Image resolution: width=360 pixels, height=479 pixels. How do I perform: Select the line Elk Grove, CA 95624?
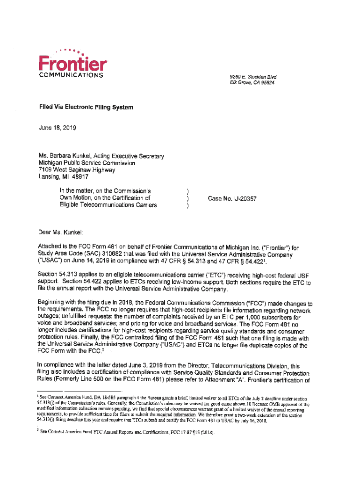[252, 82]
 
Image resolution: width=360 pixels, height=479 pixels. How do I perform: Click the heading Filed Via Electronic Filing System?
[86, 108]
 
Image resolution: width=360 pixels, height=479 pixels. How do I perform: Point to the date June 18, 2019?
[58, 127]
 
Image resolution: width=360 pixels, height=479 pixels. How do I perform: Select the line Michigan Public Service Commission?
[87, 163]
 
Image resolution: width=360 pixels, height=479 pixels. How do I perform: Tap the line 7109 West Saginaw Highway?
[77, 170]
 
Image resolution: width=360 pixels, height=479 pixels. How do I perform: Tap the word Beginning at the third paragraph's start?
[52, 304]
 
